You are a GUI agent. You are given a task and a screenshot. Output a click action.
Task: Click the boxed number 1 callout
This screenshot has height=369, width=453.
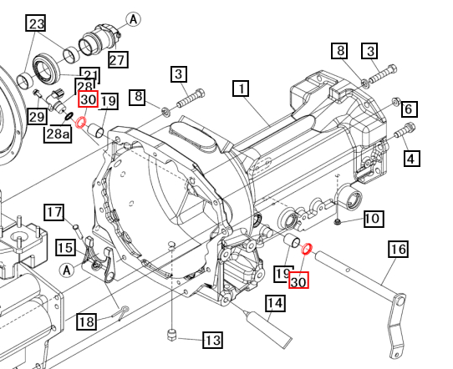pos(241,88)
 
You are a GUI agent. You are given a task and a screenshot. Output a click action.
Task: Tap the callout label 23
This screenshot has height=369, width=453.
pos(36,24)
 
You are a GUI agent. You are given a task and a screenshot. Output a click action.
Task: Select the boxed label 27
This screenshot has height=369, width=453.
pos(117,59)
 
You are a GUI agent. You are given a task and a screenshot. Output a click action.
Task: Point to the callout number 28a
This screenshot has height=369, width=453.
pos(59,134)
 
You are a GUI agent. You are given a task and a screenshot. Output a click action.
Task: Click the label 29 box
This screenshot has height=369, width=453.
pos(37,115)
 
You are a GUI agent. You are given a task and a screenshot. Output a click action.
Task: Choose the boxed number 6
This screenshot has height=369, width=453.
pos(409,109)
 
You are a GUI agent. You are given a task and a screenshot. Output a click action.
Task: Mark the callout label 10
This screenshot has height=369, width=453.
pos(372,219)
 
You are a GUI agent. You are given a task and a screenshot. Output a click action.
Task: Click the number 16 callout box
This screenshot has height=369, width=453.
pos(397,249)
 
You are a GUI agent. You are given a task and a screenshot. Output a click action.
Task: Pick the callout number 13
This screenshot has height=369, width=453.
pos(212,340)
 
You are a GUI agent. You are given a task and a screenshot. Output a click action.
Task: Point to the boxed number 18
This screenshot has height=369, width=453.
pos(87,321)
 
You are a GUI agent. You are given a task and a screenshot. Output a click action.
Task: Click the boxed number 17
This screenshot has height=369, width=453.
pos(54,212)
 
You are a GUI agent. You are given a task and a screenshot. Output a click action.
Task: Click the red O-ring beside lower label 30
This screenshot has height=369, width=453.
pos(307,249)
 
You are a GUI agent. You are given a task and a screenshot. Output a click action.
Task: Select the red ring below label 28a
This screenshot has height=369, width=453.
pos(82,123)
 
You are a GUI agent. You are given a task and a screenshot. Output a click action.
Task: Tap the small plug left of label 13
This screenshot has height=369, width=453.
pos(171,335)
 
